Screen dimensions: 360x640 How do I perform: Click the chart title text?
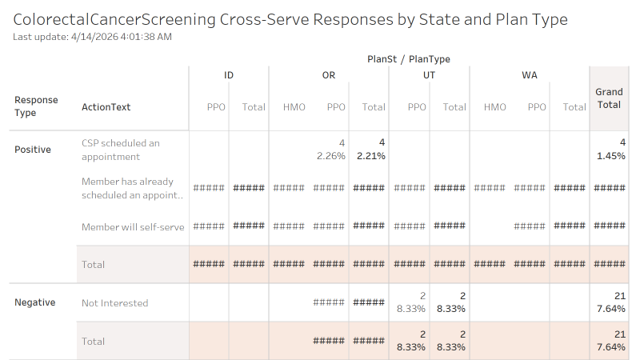coord(290,19)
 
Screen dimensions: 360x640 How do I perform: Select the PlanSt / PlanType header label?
coord(408,58)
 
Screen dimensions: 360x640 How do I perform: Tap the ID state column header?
coord(229,75)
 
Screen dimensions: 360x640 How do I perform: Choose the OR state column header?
coord(329,75)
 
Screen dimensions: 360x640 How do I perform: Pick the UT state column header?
coord(429,75)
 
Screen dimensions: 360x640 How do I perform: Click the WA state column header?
coord(529,75)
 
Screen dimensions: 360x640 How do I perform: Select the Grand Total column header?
coord(610,98)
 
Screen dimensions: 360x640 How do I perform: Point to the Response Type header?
coord(36,106)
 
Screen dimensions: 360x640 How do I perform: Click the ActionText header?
coord(106,107)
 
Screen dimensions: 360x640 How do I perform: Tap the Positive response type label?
coord(33,150)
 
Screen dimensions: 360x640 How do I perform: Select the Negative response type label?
coord(35,302)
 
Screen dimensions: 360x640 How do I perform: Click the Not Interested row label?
coord(115,303)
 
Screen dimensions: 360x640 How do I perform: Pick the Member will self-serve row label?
coord(133,227)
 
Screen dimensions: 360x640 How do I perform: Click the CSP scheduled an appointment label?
coord(121,150)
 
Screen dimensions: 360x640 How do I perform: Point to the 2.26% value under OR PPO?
coord(330,156)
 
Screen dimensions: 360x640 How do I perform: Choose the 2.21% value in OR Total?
coord(370,156)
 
